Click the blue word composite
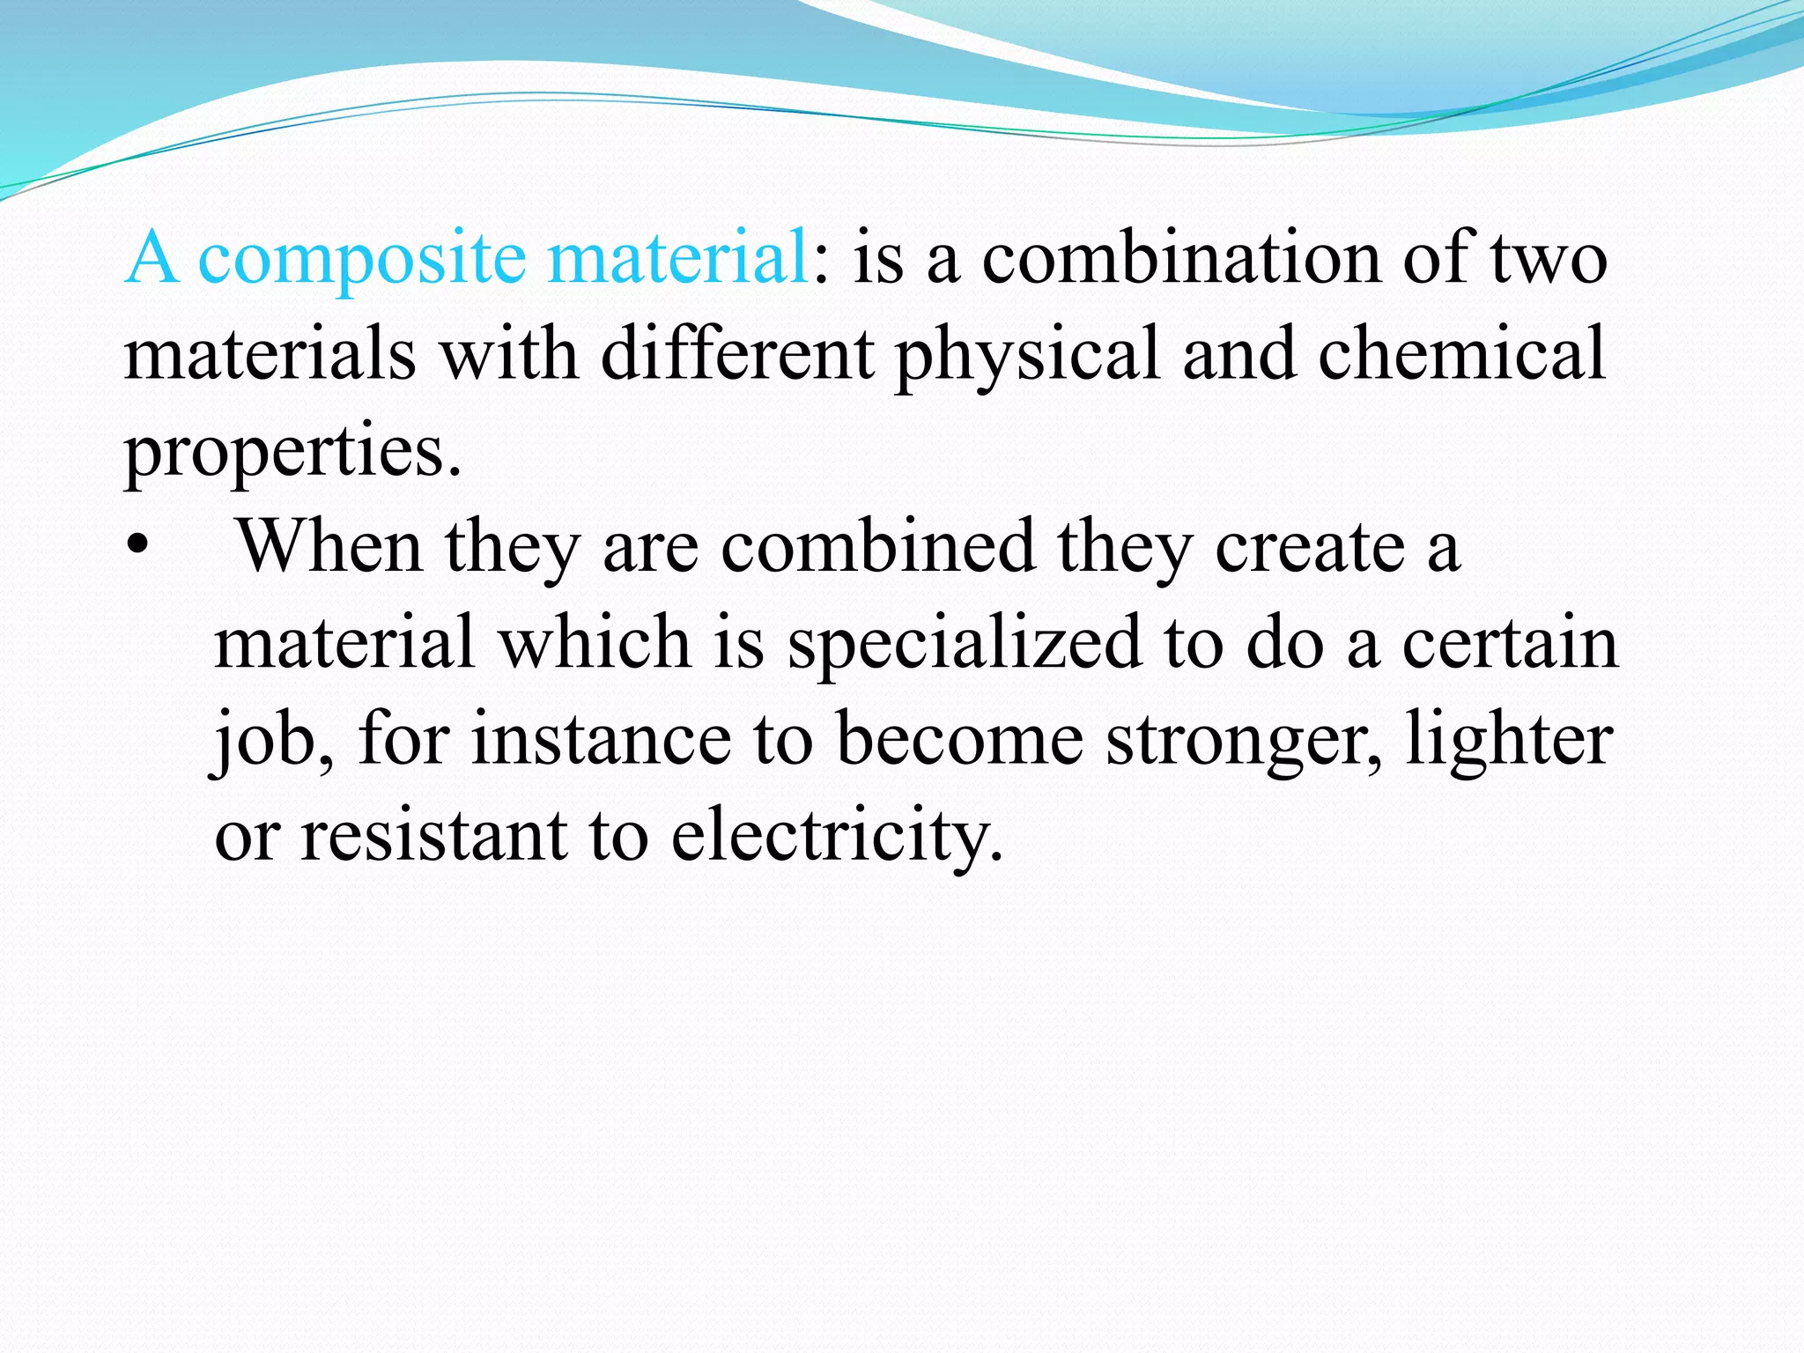[361, 259]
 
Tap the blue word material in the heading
[676, 257]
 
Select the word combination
[1182, 257]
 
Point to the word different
[737, 354]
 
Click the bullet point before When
[137, 546]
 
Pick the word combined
[877, 546]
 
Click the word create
[1311, 546]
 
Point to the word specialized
[964, 643]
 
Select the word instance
[601, 740]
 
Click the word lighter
[1508, 740]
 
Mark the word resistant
[433, 835]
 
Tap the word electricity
[837, 835]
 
